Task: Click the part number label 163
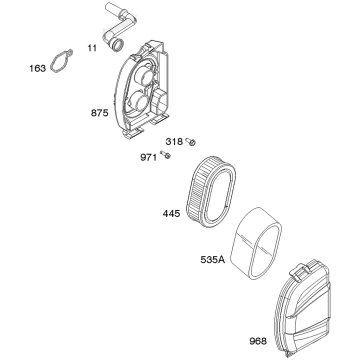pyautogui.click(x=37, y=68)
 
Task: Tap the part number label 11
pyautogui.click(x=92, y=48)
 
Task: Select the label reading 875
pyautogui.click(x=100, y=113)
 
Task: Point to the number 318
pyautogui.click(x=174, y=142)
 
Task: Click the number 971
pyautogui.click(x=148, y=157)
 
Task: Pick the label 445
pyautogui.click(x=171, y=213)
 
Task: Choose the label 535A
pyautogui.click(x=213, y=259)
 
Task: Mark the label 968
pyautogui.click(x=258, y=341)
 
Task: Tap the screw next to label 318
pyautogui.click(x=191, y=142)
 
